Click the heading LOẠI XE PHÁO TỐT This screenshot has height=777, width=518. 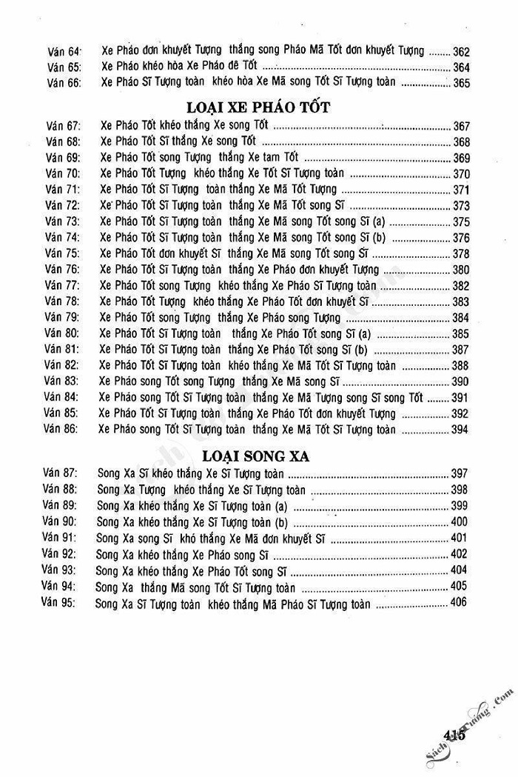click(259, 106)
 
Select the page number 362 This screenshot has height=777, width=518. click(460, 52)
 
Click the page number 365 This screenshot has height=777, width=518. click(460, 83)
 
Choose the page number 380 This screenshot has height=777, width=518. click(460, 270)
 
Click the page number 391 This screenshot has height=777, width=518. click(460, 398)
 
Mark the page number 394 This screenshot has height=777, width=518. click(460, 430)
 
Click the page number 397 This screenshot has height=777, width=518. click(459, 473)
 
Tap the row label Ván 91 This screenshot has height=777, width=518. click(60, 538)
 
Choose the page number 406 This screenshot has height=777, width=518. click(458, 603)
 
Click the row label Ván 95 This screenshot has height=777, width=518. click(58, 604)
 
